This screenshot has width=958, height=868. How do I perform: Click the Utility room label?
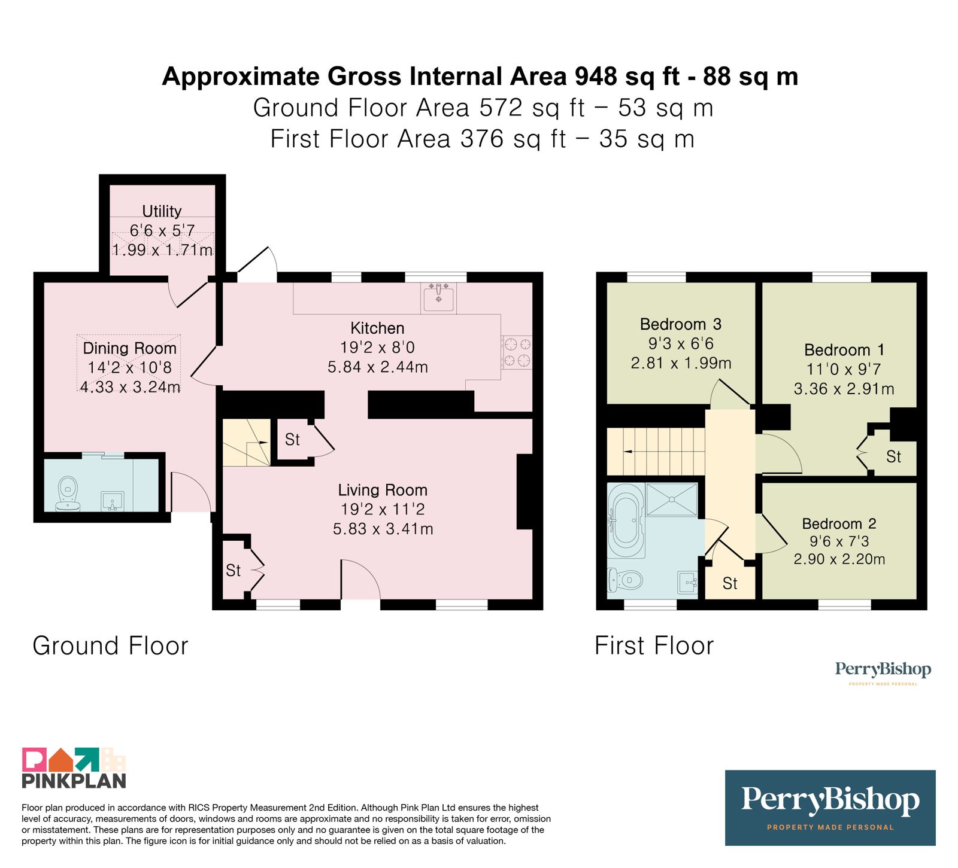point(162,211)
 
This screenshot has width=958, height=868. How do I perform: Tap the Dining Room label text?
point(130,348)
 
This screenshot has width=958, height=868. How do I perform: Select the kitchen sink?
point(438,297)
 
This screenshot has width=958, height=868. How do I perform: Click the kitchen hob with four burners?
point(517,352)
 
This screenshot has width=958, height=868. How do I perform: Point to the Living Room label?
point(383,490)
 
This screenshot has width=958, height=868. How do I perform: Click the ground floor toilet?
point(68,494)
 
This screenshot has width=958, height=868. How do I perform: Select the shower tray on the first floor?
point(672,500)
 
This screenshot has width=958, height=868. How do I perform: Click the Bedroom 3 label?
point(681,324)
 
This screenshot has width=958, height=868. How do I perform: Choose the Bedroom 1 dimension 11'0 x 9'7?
point(844,369)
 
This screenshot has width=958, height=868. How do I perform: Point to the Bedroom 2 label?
point(839,523)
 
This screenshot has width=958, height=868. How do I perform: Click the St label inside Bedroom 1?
point(893,457)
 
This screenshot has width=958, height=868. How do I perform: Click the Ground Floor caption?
point(111,646)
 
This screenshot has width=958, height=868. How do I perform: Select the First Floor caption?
point(654,646)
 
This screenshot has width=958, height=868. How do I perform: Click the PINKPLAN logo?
point(74,768)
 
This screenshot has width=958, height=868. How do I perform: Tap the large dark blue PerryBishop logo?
point(830,808)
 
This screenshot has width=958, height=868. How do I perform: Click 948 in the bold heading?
point(596,77)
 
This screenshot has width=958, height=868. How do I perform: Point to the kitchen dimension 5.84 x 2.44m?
point(378,367)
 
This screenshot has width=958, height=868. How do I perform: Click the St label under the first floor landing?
point(730,583)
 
